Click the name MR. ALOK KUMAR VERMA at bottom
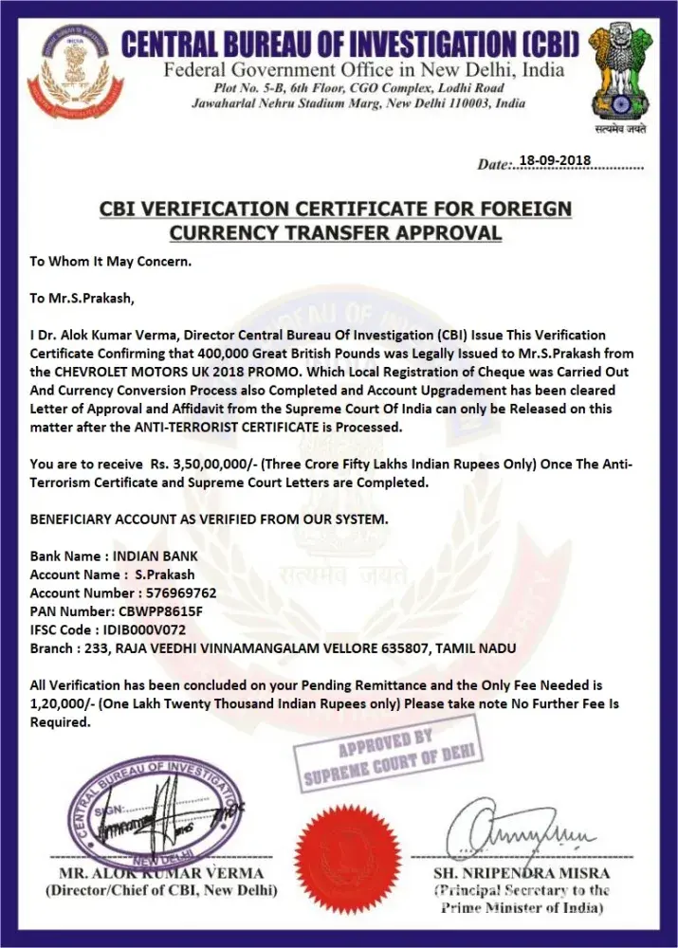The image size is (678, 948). pyautogui.click(x=161, y=873)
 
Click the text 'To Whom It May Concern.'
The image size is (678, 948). pyautogui.click(x=111, y=261)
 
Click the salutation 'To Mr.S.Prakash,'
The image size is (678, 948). pyautogui.click(x=82, y=298)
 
